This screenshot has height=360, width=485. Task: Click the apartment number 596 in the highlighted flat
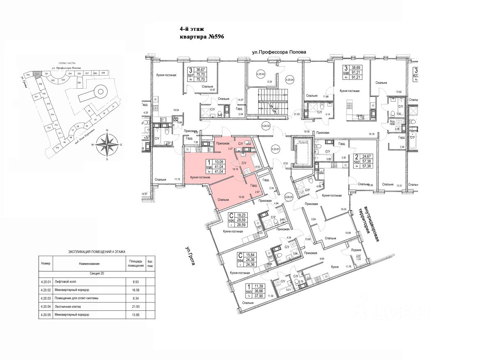click(209, 167)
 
